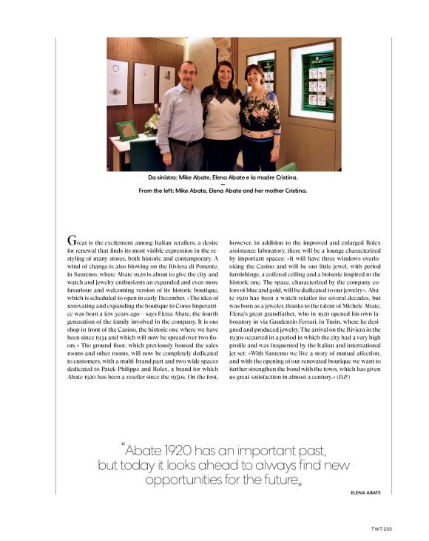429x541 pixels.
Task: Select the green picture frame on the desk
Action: pyautogui.click(x=127, y=130)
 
